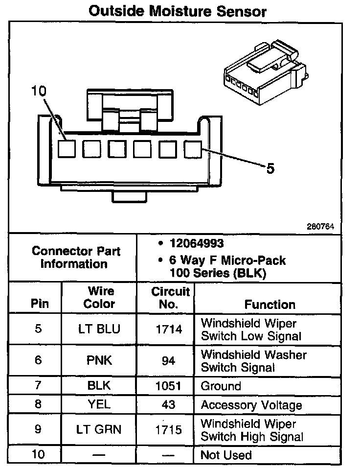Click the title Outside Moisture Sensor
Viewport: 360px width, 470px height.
click(178, 11)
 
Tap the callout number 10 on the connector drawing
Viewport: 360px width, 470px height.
click(39, 91)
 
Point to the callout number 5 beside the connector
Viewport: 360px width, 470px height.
click(270, 169)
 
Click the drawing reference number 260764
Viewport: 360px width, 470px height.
click(320, 227)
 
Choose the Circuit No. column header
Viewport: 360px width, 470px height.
click(170, 298)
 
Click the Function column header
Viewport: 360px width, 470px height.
click(270, 305)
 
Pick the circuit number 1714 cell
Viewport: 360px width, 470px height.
click(169, 330)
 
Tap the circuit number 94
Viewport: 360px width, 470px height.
click(169, 361)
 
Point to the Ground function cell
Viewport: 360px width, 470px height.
click(221, 386)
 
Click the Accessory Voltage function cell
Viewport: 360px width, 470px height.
click(251, 405)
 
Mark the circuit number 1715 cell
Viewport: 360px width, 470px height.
click(169, 430)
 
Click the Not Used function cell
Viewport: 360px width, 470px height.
click(226, 455)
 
